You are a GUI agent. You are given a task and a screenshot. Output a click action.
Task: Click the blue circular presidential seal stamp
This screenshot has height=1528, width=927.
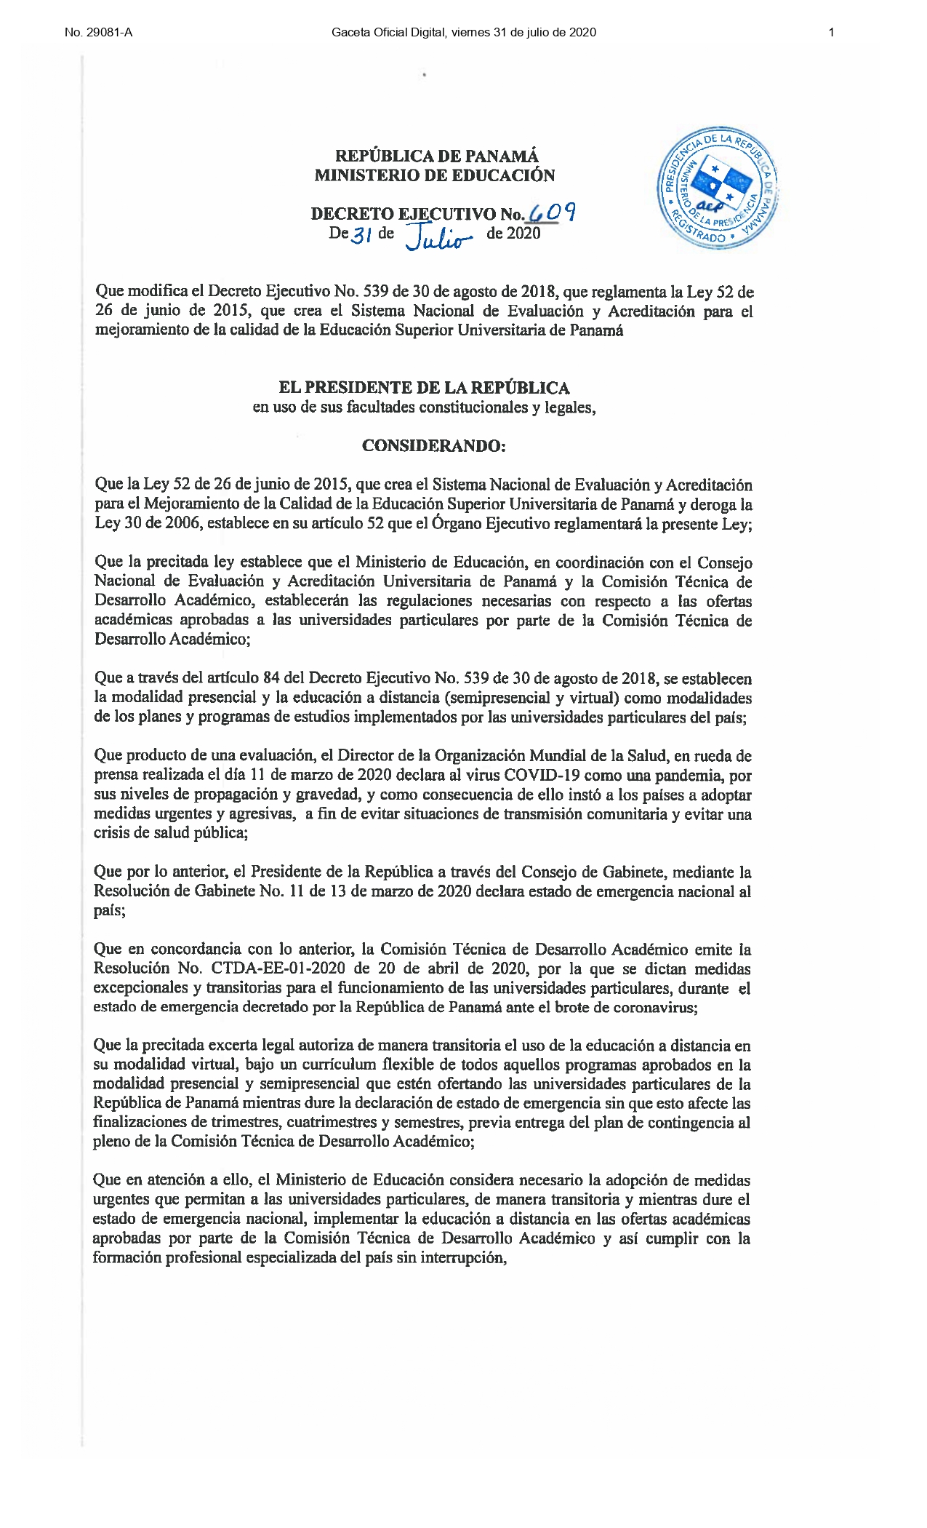[717, 189]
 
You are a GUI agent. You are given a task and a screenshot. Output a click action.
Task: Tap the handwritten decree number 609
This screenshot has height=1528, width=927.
[553, 212]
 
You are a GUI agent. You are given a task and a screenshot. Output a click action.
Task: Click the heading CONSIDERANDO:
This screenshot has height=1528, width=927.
[433, 445]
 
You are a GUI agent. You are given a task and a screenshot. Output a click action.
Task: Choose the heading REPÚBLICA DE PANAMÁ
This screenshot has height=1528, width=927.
[436, 156]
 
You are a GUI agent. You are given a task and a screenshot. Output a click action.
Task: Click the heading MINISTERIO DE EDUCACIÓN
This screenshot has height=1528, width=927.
[435, 175]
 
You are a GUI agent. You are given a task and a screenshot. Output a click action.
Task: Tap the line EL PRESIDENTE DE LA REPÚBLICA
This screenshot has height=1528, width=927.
[425, 388]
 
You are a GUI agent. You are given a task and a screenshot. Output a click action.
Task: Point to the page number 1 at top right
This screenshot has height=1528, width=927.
[831, 32]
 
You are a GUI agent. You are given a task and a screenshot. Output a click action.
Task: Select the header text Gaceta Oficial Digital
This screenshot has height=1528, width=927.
[388, 32]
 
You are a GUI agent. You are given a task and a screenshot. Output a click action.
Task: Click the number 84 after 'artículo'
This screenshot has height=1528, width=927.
[271, 679]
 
